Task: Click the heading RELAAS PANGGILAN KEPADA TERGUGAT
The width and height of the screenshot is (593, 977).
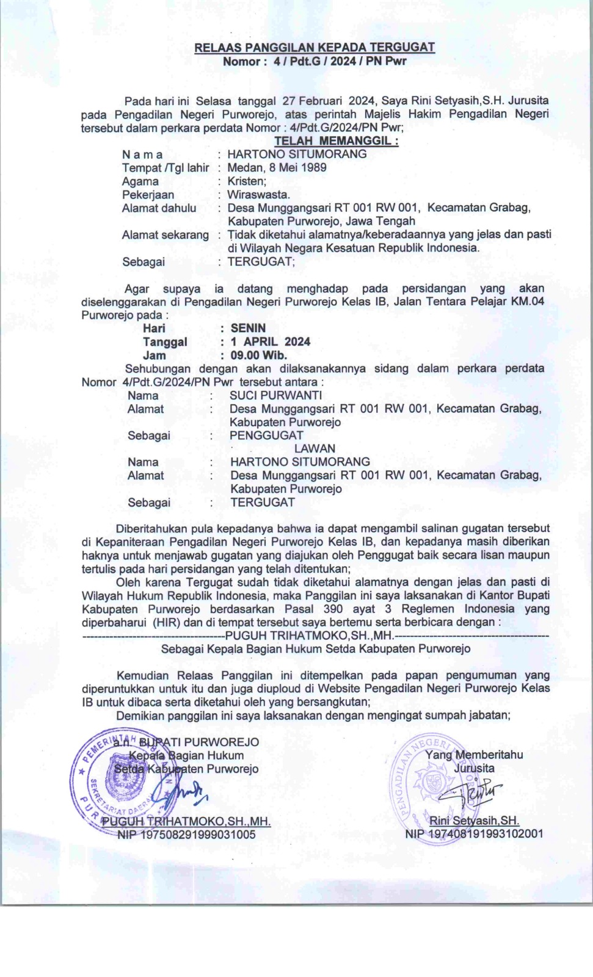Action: tap(315, 48)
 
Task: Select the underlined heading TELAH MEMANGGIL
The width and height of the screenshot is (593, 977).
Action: tap(336, 141)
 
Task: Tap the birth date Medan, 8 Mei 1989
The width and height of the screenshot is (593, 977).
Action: tap(277, 167)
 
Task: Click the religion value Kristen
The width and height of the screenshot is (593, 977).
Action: tap(247, 181)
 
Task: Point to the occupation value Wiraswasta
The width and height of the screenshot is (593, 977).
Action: tap(258, 195)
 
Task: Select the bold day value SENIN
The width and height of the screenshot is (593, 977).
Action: tap(248, 329)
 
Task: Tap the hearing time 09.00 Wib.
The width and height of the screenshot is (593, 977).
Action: tap(258, 355)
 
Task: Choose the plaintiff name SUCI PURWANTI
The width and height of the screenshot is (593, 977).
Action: tap(275, 396)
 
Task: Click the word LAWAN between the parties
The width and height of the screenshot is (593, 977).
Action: tap(315, 449)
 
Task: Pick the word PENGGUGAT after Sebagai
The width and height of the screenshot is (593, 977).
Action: tap(266, 435)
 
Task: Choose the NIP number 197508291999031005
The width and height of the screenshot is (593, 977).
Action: tap(186, 835)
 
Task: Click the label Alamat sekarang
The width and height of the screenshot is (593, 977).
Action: tap(165, 235)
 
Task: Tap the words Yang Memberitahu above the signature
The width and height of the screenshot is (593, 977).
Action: tap(474, 755)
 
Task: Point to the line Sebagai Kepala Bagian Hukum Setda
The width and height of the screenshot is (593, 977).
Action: tap(315, 648)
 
